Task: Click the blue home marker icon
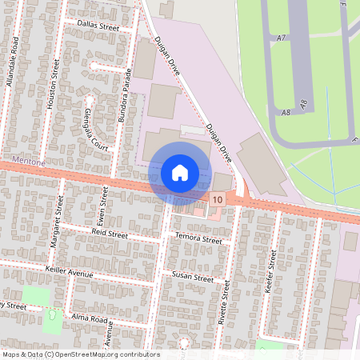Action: coord(180,173)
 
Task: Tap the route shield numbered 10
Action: coord(218,198)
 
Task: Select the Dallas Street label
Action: coord(98,26)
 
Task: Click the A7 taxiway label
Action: coord(282,38)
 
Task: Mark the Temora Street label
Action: coord(198,239)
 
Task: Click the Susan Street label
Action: coord(193,278)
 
